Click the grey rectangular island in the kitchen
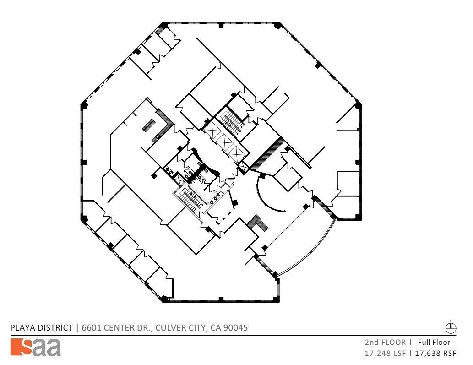[x=149, y=125]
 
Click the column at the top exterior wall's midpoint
[x=221, y=25]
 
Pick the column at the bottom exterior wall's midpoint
[x=221, y=300]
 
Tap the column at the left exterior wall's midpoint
[x=84, y=162]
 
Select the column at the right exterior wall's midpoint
[x=358, y=161]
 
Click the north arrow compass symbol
[x=451, y=327]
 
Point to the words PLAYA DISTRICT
[x=42, y=327]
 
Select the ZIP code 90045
[x=236, y=327]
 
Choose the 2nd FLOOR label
[x=385, y=342]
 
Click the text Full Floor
[x=434, y=342]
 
